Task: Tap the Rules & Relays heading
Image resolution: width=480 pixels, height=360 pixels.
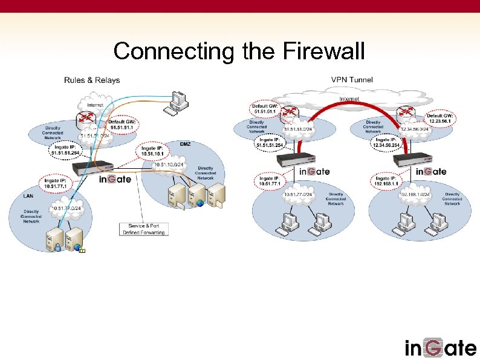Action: (92, 80)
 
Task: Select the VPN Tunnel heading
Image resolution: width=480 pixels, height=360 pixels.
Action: (352, 79)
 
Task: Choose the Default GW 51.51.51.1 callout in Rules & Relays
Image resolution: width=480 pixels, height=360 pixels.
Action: (123, 125)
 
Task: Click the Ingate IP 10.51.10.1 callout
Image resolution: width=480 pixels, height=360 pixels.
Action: (156, 151)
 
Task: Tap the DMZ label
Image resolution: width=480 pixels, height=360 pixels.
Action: (185, 143)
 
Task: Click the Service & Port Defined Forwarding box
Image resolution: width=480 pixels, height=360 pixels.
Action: (144, 229)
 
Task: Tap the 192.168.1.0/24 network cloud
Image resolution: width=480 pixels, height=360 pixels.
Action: (413, 194)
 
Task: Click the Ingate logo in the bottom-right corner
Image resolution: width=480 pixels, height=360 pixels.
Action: (441, 348)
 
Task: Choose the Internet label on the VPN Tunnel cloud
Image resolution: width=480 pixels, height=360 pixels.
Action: (348, 99)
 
